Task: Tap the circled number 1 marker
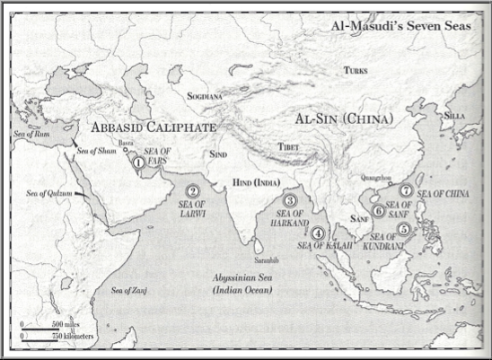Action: coord(138,163)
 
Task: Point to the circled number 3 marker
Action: coord(290,201)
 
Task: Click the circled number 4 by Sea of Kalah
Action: coord(318,233)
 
